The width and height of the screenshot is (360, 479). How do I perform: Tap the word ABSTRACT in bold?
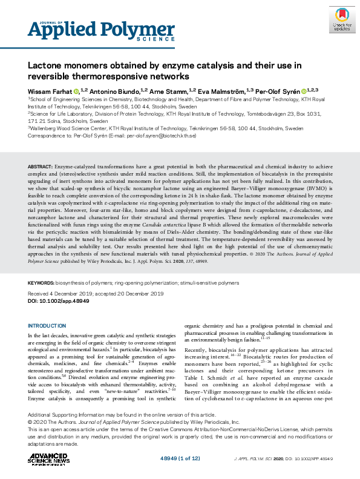coord(39,166)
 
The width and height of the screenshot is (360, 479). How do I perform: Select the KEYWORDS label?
coord(43,283)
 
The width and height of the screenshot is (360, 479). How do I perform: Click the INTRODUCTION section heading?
coord(51,326)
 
